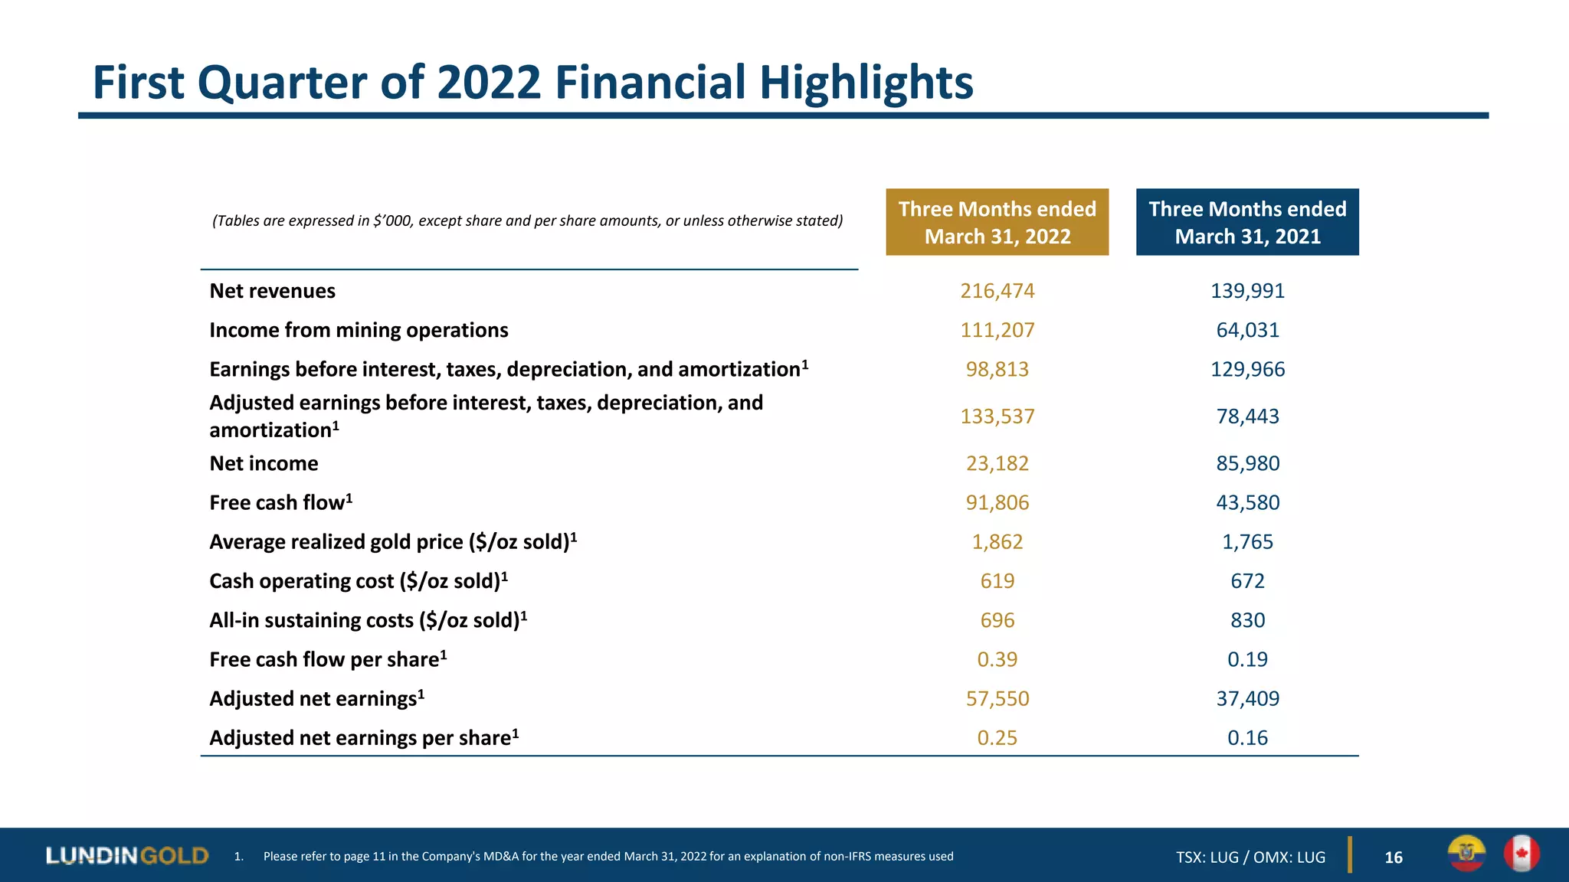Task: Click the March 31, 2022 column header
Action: [x=997, y=222]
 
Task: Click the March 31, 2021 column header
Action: [x=1247, y=222]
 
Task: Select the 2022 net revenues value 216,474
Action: [x=997, y=291]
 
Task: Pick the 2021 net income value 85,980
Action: [x=1247, y=463]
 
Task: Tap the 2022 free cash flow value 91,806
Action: [x=997, y=502]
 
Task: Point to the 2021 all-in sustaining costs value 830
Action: [x=1247, y=620]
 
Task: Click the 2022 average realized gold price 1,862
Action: [x=997, y=542]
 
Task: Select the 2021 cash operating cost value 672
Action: [x=1247, y=581]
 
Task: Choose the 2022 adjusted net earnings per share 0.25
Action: [x=997, y=738]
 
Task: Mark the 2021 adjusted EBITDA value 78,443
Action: [x=1247, y=416]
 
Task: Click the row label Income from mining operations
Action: [x=359, y=330]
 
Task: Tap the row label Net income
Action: [x=264, y=463]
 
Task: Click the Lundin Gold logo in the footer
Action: [x=127, y=855]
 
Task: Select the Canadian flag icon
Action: [x=1522, y=854]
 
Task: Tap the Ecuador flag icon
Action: [x=1466, y=854]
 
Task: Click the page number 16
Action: [x=1394, y=857]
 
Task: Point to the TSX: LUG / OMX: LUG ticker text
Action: [x=1250, y=857]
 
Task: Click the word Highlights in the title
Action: [x=866, y=83]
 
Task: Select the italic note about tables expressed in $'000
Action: [x=527, y=221]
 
